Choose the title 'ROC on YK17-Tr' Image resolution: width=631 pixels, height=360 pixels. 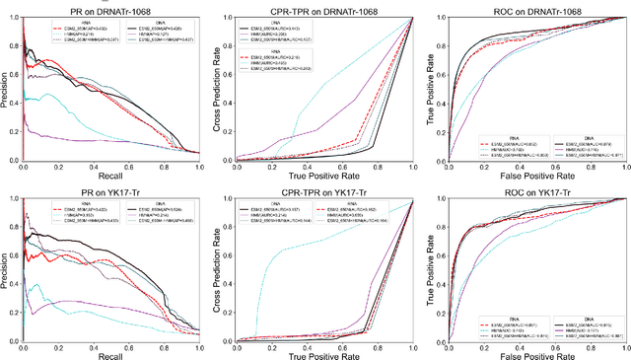point(528,189)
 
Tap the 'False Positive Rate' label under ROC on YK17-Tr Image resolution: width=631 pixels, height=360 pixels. point(528,354)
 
